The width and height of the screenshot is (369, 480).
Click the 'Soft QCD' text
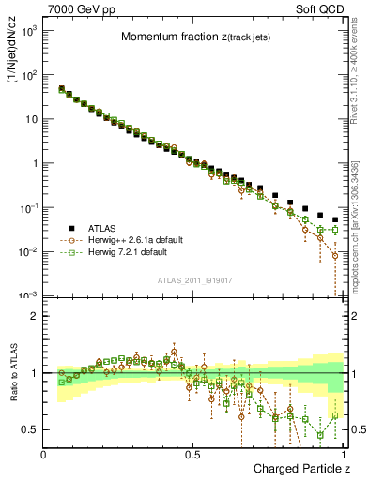coord(320,8)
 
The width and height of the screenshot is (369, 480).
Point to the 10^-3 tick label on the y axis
coord(28,296)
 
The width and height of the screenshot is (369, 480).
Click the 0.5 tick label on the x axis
coord(192,455)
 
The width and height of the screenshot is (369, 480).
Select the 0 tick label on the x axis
coord(44,455)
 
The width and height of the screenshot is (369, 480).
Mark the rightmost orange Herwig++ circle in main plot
coord(335,254)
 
